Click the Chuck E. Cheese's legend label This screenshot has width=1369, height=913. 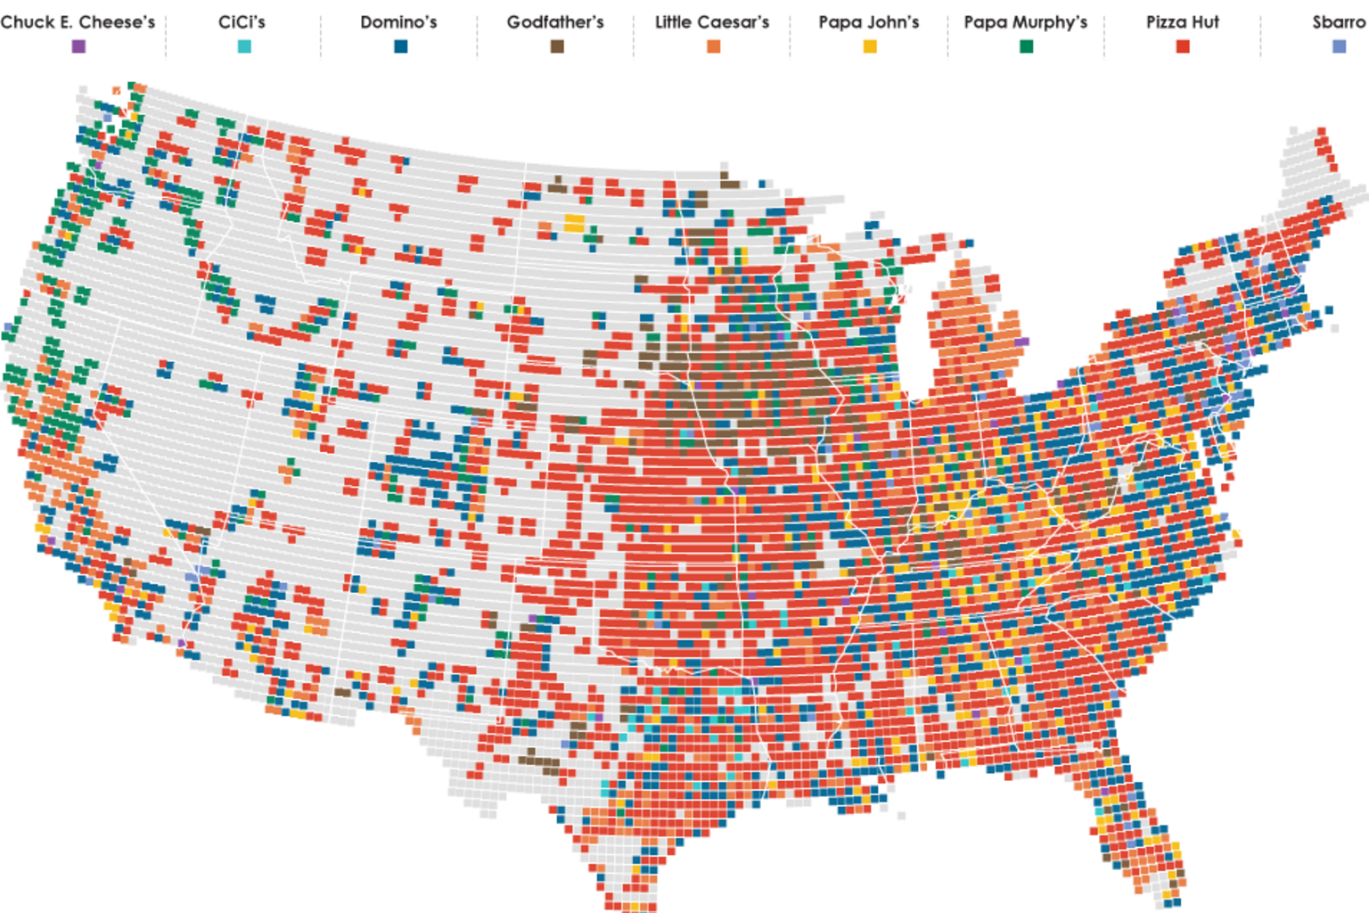point(78,21)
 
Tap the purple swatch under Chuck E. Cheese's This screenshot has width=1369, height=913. point(78,46)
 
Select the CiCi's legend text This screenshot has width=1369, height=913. point(242,21)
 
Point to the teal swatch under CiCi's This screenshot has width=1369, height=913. point(244,46)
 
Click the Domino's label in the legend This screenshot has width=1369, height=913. point(398,21)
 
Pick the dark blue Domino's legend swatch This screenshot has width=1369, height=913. point(401,46)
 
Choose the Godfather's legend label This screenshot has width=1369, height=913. point(555,21)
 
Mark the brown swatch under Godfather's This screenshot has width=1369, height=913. point(557,46)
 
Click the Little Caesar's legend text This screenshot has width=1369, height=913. point(712,21)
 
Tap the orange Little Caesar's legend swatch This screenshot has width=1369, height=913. point(713,46)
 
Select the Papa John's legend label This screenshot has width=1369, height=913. point(869,21)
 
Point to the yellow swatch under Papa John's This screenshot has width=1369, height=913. point(870,46)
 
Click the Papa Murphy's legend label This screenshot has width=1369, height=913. point(1026,21)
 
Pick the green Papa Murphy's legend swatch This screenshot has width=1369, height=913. point(1027,46)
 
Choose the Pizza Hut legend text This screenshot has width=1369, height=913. point(1183,21)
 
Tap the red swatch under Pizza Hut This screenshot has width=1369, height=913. point(1183,46)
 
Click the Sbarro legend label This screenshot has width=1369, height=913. point(1339,21)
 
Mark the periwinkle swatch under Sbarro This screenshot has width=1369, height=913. point(1339,46)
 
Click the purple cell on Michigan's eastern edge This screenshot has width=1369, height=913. point(1021,341)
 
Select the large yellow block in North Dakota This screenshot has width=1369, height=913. point(574,221)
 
